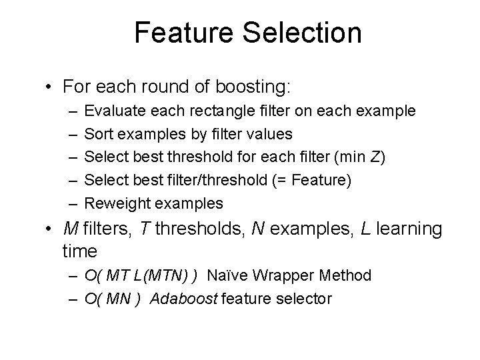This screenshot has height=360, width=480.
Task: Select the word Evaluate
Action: [114, 111]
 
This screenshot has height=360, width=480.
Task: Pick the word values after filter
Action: [268, 134]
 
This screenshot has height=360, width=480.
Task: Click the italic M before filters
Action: [70, 229]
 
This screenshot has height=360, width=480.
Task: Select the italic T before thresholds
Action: [144, 229]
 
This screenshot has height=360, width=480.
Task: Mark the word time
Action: [79, 251]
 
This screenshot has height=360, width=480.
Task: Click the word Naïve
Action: [228, 275]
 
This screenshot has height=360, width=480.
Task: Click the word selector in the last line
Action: [301, 299]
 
